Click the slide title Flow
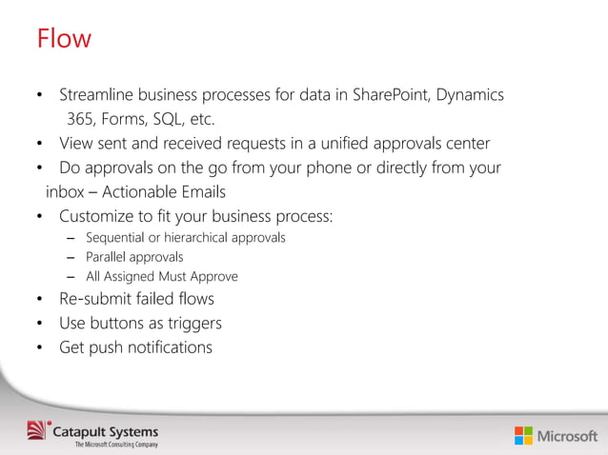pyautogui.click(x=64, y=39)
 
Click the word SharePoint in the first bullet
pyautogui.click(x=391, y=96)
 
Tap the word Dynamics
pyautogui.click(x=469, y=96)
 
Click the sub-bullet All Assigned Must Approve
pyautogui.click(x=162, y=277)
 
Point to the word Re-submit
pyautogui.click(x=98, y=300)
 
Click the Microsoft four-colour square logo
pyautogui.click(x=523, y=436)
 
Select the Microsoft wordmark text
pyautogui.click(x=568, y=436)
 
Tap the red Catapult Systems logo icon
pyautogui.click(x=35, y=430)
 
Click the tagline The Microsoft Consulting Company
pyautogui.click(x=117, y=445)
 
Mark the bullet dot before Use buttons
pyautogui.click(x=40, y=325)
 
